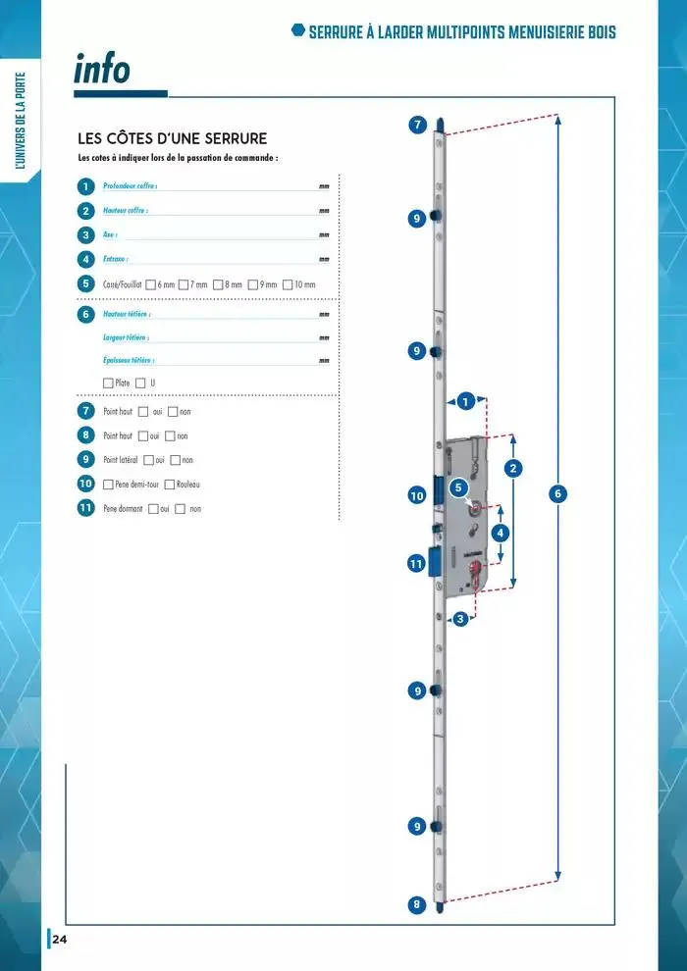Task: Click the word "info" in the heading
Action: (102, 70)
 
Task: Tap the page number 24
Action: (60, 940)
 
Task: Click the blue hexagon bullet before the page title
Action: (298, 30)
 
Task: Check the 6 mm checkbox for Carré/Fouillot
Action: (151, 284)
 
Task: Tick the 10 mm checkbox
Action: (289, 284)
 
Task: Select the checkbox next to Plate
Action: (108, 383)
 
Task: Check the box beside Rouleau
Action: (170, 485)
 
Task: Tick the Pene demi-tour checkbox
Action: (108, 485)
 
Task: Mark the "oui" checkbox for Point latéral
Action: (148, 460)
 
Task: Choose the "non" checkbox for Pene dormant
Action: (180, 509)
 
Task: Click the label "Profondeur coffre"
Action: (130, 186)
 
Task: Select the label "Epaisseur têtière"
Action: (129, 360)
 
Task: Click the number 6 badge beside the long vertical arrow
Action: (558, 493)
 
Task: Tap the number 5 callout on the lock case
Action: (458, 487)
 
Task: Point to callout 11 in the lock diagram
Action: (416, 564)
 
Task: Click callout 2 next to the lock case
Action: (512, 469)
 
